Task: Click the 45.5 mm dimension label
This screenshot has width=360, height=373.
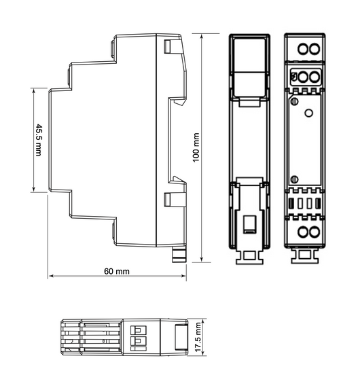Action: click(38, 140)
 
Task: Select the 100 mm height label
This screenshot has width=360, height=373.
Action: click(196, 147)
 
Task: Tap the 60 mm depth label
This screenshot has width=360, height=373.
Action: click(117, 271)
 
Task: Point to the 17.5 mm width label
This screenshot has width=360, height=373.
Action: click(198, 337)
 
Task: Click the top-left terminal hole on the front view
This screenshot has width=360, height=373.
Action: click(303, 48)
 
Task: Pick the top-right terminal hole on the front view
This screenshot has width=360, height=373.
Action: click(314, 48)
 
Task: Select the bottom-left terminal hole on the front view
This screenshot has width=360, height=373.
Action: click(303, 232)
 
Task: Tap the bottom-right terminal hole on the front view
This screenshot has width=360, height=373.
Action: click(314, 232)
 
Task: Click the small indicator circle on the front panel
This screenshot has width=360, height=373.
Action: click(308, 113)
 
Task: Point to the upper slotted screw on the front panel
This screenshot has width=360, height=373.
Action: click(295, 101)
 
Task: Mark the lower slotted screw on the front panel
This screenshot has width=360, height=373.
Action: click(295, 179)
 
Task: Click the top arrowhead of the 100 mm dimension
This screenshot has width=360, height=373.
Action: click(202, 37)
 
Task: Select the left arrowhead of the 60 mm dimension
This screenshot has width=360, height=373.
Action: click(52, 276)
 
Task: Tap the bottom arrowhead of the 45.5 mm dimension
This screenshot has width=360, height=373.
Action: click(33, 189)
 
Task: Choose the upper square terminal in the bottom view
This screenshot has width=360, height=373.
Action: click(138, 330)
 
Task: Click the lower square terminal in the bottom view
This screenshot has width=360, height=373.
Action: click(138, 341)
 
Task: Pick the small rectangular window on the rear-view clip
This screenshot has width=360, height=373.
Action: click(249, 224)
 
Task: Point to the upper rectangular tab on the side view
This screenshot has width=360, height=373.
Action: click(167, 46)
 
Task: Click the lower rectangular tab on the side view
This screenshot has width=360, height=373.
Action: click(167, 199)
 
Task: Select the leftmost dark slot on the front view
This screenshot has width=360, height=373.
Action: click(291, 204)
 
